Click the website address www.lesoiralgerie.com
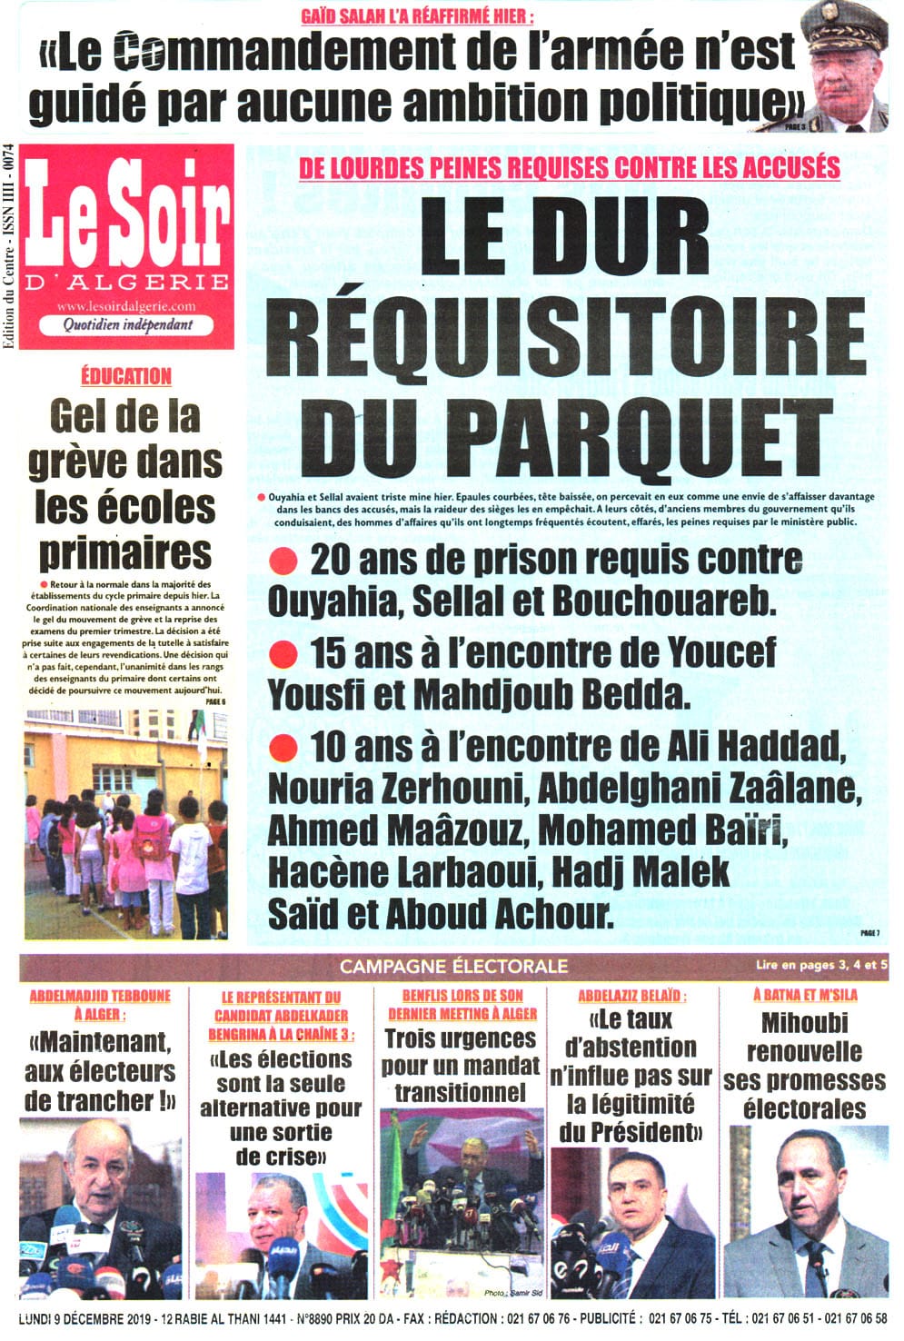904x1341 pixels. [125, 306]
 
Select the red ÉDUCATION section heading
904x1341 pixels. [125, 375]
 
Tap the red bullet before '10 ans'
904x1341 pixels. [284, 747]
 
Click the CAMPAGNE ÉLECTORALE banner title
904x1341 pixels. [453, 966]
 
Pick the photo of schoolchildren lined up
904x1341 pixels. [125, 822]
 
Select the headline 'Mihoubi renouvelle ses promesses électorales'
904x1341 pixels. [804, 1066]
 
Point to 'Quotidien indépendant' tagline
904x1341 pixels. [127, 324]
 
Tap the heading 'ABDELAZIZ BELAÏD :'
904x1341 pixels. [631, 996]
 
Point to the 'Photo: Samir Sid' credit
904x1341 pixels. [513, 1292]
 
